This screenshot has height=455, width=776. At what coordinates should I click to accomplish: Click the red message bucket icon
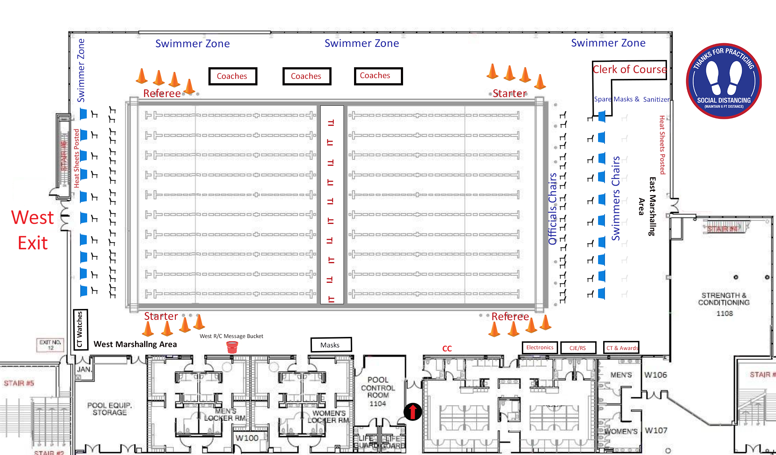(232, 347)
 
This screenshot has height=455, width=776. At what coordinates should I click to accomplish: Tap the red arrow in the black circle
(413, 412)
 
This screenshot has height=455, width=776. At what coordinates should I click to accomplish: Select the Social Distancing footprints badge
(724, 81)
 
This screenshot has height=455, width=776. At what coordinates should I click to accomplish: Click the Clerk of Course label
(630, 69)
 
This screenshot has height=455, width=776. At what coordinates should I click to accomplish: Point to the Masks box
(331, 345)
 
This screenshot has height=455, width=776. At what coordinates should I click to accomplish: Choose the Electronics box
(540, 347)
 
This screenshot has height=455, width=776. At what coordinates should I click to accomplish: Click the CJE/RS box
(578, 348)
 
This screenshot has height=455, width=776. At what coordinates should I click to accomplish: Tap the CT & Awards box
(621, 348)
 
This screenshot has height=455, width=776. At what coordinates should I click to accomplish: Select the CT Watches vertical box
(80, 329)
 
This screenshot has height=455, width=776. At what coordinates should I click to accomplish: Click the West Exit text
(33, 230)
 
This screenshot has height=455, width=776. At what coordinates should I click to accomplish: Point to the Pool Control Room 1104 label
(378, 391)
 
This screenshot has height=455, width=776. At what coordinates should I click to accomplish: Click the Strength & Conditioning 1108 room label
(724, 304)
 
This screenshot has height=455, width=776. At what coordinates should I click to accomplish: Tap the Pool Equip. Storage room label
(109, 408)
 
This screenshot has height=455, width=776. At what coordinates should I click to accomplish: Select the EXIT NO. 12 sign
(50, 345)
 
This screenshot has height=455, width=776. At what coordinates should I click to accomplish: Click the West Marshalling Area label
(135, 344)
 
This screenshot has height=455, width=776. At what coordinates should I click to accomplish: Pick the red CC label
(447, 349)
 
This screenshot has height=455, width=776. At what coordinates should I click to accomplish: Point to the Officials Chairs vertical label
(552, 209)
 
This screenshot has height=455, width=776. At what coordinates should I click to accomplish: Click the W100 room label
(247, 438)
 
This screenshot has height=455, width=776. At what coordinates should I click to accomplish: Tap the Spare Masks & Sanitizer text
(631, 99)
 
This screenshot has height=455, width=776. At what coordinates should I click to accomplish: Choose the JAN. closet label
(84, 369)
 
